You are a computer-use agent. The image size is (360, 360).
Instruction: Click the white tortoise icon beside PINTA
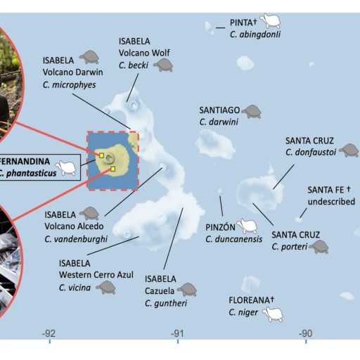pyautogui.click(x=270, y=20)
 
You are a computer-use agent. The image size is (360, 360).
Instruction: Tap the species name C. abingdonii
pyautogui.click(x=255, y=34)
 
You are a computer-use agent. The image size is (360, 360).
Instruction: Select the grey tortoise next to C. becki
pyautogui.click(x=163, y=65)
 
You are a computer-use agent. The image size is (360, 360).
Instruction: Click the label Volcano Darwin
pyautogui.click(x=72, y=72)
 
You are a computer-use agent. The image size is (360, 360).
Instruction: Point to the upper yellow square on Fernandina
pyautogui.click(x=101, y=155)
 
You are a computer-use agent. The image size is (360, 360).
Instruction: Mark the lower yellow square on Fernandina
pyautogui.click(x=112, y=169)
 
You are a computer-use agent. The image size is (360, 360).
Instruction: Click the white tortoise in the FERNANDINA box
pyautogui.click(x=66, y=167)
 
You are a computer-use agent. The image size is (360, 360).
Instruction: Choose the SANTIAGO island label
pyautogui.click(x=219, y=110)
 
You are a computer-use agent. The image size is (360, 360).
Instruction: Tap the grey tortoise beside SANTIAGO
pyautogui.click(x=252, y=112)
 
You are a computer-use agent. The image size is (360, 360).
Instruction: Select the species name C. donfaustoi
pyautogui.click(x=311, y=153)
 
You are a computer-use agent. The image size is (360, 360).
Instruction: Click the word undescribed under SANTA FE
pyautogui.click(x=331, y=202)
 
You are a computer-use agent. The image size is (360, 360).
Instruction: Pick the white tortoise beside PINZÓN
pyautogui.click(x=247, y=226)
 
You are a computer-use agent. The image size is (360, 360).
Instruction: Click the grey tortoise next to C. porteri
pyautogui.click(x=319, y=247)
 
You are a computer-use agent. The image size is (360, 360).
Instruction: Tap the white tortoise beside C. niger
pyautogui.click(x=273, y=314)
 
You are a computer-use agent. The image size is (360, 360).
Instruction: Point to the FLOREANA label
pyautogui.click(x=251, y=300)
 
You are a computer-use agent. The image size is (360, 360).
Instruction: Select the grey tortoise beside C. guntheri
pyautogui.click(x=187, y=290)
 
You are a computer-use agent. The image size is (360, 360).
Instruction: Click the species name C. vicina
pyautogui.click(x=75, y=288)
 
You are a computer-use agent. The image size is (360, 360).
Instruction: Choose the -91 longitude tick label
pyautogui.click(x=177, y=333)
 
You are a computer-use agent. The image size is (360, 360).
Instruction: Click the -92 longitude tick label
pyautogui.click(x=49, y=333)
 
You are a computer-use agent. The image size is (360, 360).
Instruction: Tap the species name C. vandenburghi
pyautogui.click(x=76, y=239)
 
